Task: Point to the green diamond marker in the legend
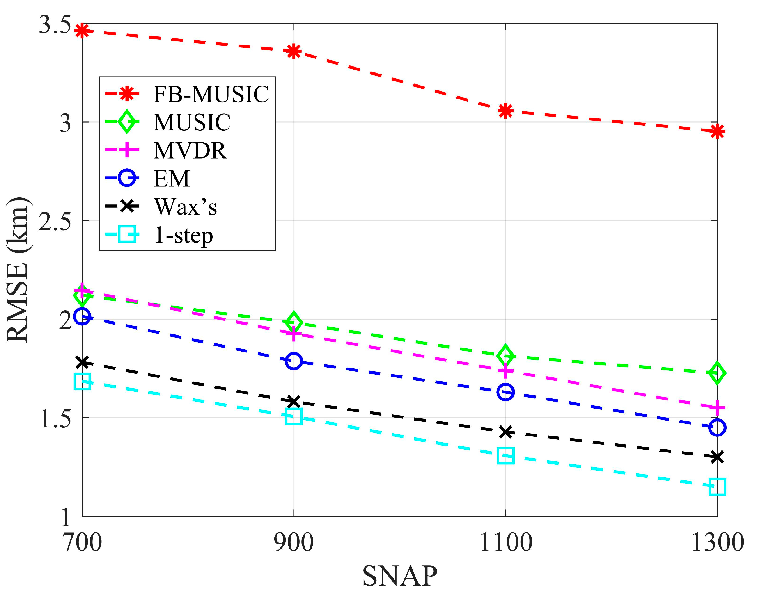[x=126, y=122]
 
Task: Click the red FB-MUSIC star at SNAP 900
[x=294, y=51]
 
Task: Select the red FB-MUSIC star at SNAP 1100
[x=505, y=111]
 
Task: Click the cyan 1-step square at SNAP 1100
[x=505, y=456]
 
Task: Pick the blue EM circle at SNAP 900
[x=294, y=361]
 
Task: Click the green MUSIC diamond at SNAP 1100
[x=505, y=355]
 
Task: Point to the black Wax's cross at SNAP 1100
[x=505, y=432]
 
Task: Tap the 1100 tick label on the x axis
[x=505, y=543]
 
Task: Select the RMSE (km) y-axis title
[x=17, y=270]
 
